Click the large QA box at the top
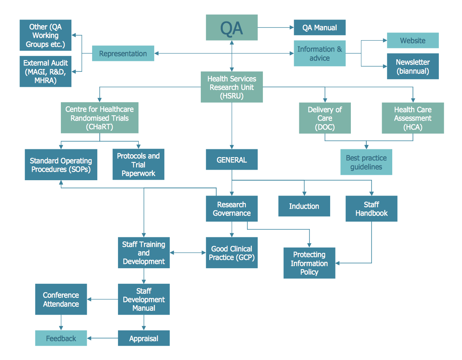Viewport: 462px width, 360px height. click(232, 28)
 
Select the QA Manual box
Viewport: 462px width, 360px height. click(320, 28)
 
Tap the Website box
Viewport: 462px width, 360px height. click(413, 41)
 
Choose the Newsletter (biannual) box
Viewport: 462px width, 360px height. click(413, 66)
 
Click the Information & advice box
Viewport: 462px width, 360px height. click(320, 53)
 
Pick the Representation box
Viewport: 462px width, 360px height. click(123, 54)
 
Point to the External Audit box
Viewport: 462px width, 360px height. click(45, 71)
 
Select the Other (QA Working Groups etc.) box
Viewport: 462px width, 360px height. click(45, 35)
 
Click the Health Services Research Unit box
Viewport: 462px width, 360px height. click(232, 87)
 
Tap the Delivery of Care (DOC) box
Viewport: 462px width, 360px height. click(325, 118)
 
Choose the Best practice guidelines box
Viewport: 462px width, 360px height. click(366, 162)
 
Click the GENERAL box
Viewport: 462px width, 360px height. click(232, 160)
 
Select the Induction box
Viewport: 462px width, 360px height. click(304, 206)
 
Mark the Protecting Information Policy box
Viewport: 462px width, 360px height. click(309, 263)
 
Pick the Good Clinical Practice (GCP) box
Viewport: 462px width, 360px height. click(232, 253)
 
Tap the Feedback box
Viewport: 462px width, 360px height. click(61, 338)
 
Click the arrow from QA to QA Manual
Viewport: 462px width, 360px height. click(275, 28)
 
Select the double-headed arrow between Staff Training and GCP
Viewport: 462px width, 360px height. click(187, 253)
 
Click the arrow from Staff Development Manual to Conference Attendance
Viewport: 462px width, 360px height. click(103, 300)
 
